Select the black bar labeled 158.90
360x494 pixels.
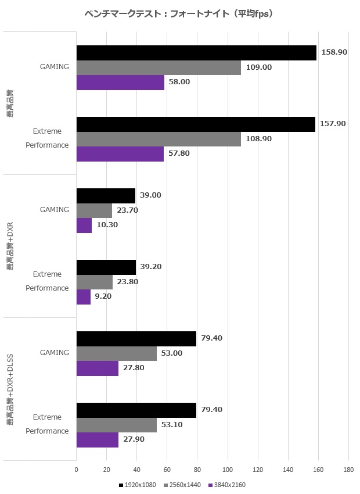tap(196, 52)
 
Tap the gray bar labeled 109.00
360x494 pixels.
tap(159, 67)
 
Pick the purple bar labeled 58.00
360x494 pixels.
tap(120, 82)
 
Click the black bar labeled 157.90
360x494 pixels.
tap(196, 124)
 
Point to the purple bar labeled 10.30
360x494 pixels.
tap(84, 225)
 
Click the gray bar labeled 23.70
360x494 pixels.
tap(94, 210)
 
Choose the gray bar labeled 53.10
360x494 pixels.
tap(117, 425)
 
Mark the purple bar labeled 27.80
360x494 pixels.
tap(98, 368)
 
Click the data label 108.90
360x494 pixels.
tap(258, 139)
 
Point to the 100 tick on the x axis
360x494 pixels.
tap(228, 470)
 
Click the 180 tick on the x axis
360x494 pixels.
tap(348, 470)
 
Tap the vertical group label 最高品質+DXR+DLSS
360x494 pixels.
tap(10, 389)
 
